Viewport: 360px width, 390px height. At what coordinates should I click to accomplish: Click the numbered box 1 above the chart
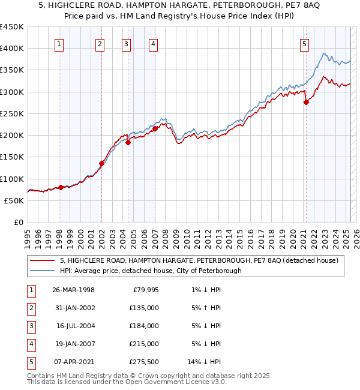coord(60,43)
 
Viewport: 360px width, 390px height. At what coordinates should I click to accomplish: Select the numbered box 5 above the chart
coord(305,43)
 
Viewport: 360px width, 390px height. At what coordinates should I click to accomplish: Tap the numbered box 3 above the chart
coord(127,43)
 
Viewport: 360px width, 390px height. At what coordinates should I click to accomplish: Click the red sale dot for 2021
coord(306,103)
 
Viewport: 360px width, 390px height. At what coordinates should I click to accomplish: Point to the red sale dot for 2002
coord(102,163)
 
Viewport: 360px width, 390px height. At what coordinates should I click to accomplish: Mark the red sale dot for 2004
coord(128,142)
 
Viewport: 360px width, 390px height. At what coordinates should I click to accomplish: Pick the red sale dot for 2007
coord(155,128)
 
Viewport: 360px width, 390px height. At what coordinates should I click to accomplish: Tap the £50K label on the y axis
coord(14,200)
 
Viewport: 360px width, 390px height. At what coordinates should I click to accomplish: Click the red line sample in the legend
coord(43,260)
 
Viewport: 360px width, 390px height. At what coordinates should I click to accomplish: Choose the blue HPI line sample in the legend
coord(43,271)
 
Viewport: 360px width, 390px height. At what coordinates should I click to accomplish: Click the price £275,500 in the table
coord(143,361)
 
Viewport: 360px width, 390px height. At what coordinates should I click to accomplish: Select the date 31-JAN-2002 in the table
coord(73,308)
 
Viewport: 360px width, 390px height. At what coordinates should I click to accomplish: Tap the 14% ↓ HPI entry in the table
coord(204,361)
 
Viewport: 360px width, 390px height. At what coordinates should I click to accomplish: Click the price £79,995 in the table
coord(144,290)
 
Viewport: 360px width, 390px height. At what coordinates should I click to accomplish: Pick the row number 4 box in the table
coord(30,343)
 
